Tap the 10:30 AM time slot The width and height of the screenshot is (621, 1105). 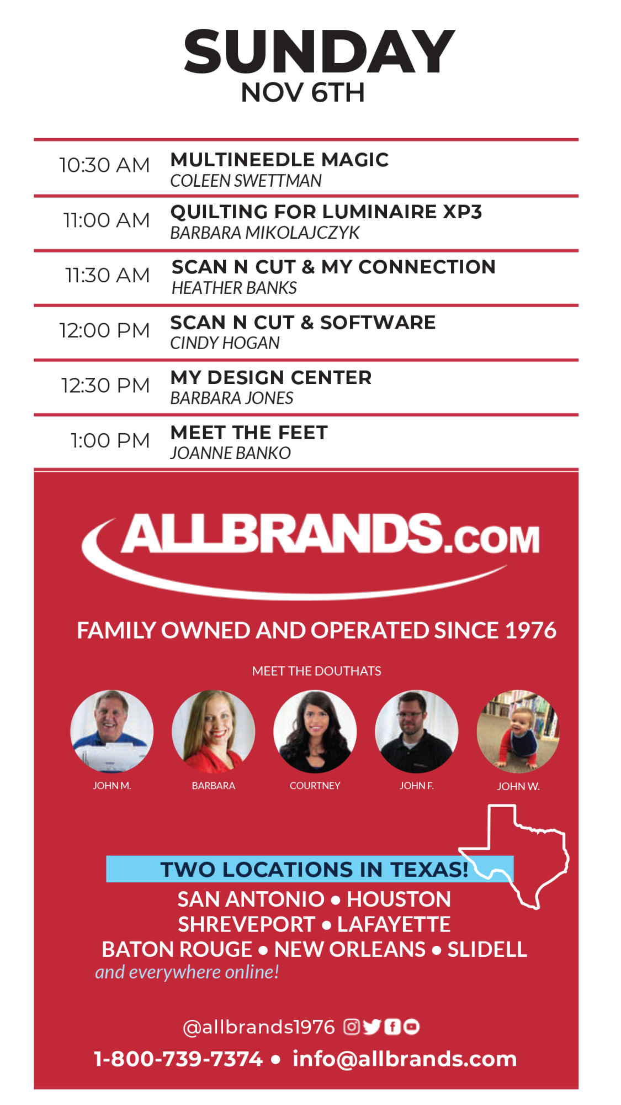[104, 165]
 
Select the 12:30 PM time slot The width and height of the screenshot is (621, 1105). [105, 386]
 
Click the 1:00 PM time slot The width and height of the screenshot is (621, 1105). [110, 441]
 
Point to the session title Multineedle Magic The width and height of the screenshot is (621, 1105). [280, 160]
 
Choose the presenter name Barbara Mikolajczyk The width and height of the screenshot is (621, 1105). [265, 233]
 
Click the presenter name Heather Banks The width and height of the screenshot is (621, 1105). [234, 288]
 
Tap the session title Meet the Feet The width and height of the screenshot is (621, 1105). [250, 433]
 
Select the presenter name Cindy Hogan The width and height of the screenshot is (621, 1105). [225, 343]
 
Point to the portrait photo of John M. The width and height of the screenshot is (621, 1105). [112, 732]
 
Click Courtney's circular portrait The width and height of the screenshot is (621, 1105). [315, 732]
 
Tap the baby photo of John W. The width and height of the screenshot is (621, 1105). [518, 732]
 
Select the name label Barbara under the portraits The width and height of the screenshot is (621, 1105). [214, 786]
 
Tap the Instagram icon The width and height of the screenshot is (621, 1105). [352, 1027]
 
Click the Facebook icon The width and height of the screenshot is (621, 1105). [392, 1027]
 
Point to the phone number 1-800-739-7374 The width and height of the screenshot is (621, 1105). [178, 1059]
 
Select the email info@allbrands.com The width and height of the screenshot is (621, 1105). [405, 1059]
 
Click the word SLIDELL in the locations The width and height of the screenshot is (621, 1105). [487, 949]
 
